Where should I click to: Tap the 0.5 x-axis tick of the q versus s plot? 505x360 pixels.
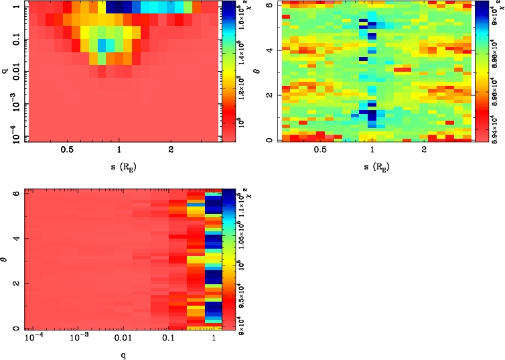point(67,150)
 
